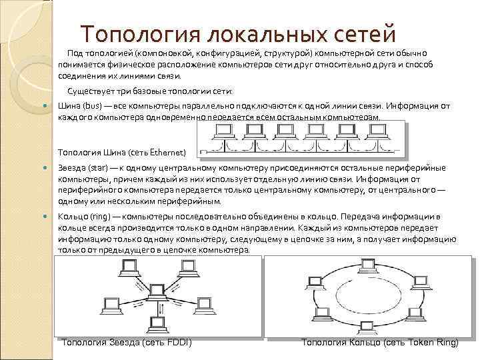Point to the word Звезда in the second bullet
click(x=71, y=168)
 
